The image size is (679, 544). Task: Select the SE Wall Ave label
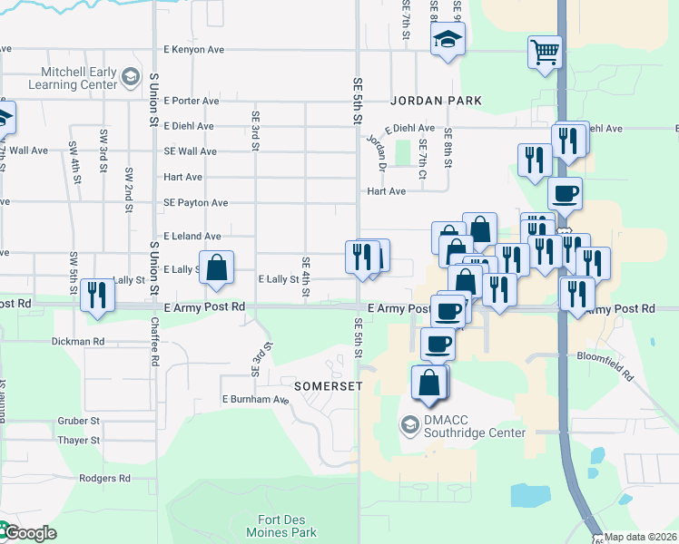(x=190, y=151)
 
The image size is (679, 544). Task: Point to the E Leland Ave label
(x=192, y=236)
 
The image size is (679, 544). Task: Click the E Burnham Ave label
(x=255, y=399)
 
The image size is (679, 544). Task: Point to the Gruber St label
(x=79, y=421)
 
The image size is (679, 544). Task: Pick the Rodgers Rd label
(x=104, y=478)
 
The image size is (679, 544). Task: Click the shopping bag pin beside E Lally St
(x=216, y=267)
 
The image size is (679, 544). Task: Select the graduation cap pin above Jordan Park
(x=448, y=39)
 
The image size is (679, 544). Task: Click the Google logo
(x=29, y=533)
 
